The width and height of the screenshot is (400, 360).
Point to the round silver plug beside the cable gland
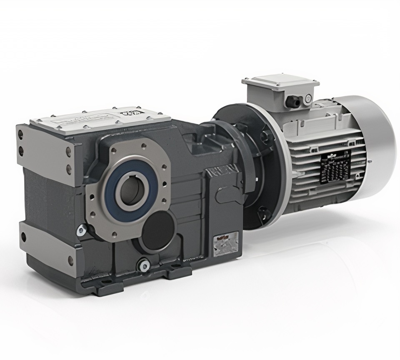point(308,98)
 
